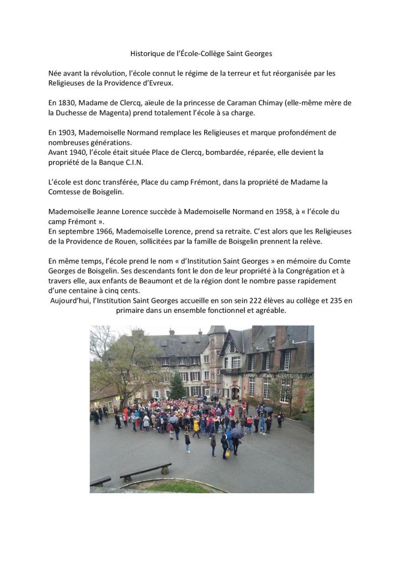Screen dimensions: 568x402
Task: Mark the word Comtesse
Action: (x=67, y=191)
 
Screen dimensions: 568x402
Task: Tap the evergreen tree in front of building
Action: (x=178, y=386)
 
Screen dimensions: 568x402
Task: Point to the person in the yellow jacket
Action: (x=196, y=426)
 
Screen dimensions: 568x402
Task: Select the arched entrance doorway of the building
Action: (x=235, y=392)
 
